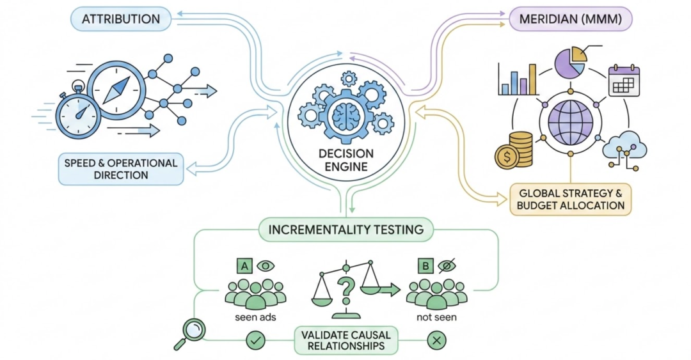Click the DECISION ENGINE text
(345, 160)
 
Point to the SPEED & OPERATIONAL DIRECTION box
(120, 169)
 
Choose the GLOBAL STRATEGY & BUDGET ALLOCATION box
(571, 199)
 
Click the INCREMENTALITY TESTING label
(345, 228)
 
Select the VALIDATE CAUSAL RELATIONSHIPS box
(345, 340)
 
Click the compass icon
(114, 91)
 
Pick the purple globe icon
(570, 120)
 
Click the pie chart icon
(571, 61)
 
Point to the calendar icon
(623, 81)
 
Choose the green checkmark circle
(255, 340)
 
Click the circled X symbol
(437, 340)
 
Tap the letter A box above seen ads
(244, 265)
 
